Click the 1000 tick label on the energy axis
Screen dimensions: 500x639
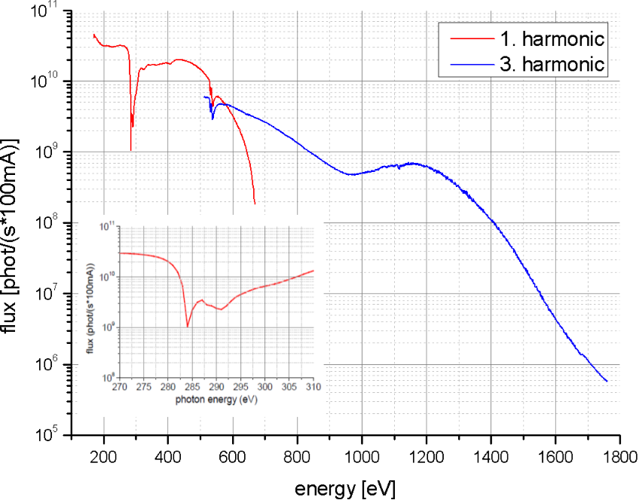pyautogui.click(x=362, y=456)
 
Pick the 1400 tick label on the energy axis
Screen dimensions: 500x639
pyautogui.click(x=491, y=456)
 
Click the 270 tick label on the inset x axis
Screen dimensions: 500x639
pyautogui.click(x=120, y=387)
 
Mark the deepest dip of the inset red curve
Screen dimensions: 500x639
pyautogui.click(x=188, y=327)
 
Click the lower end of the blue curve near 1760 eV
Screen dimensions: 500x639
pyautogui.click(x=607, y=381)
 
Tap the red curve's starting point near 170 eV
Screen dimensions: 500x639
pyautogui.click(x=93, y=35)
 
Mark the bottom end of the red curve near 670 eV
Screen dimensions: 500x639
pyautogui.click(x=255, y=203)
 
